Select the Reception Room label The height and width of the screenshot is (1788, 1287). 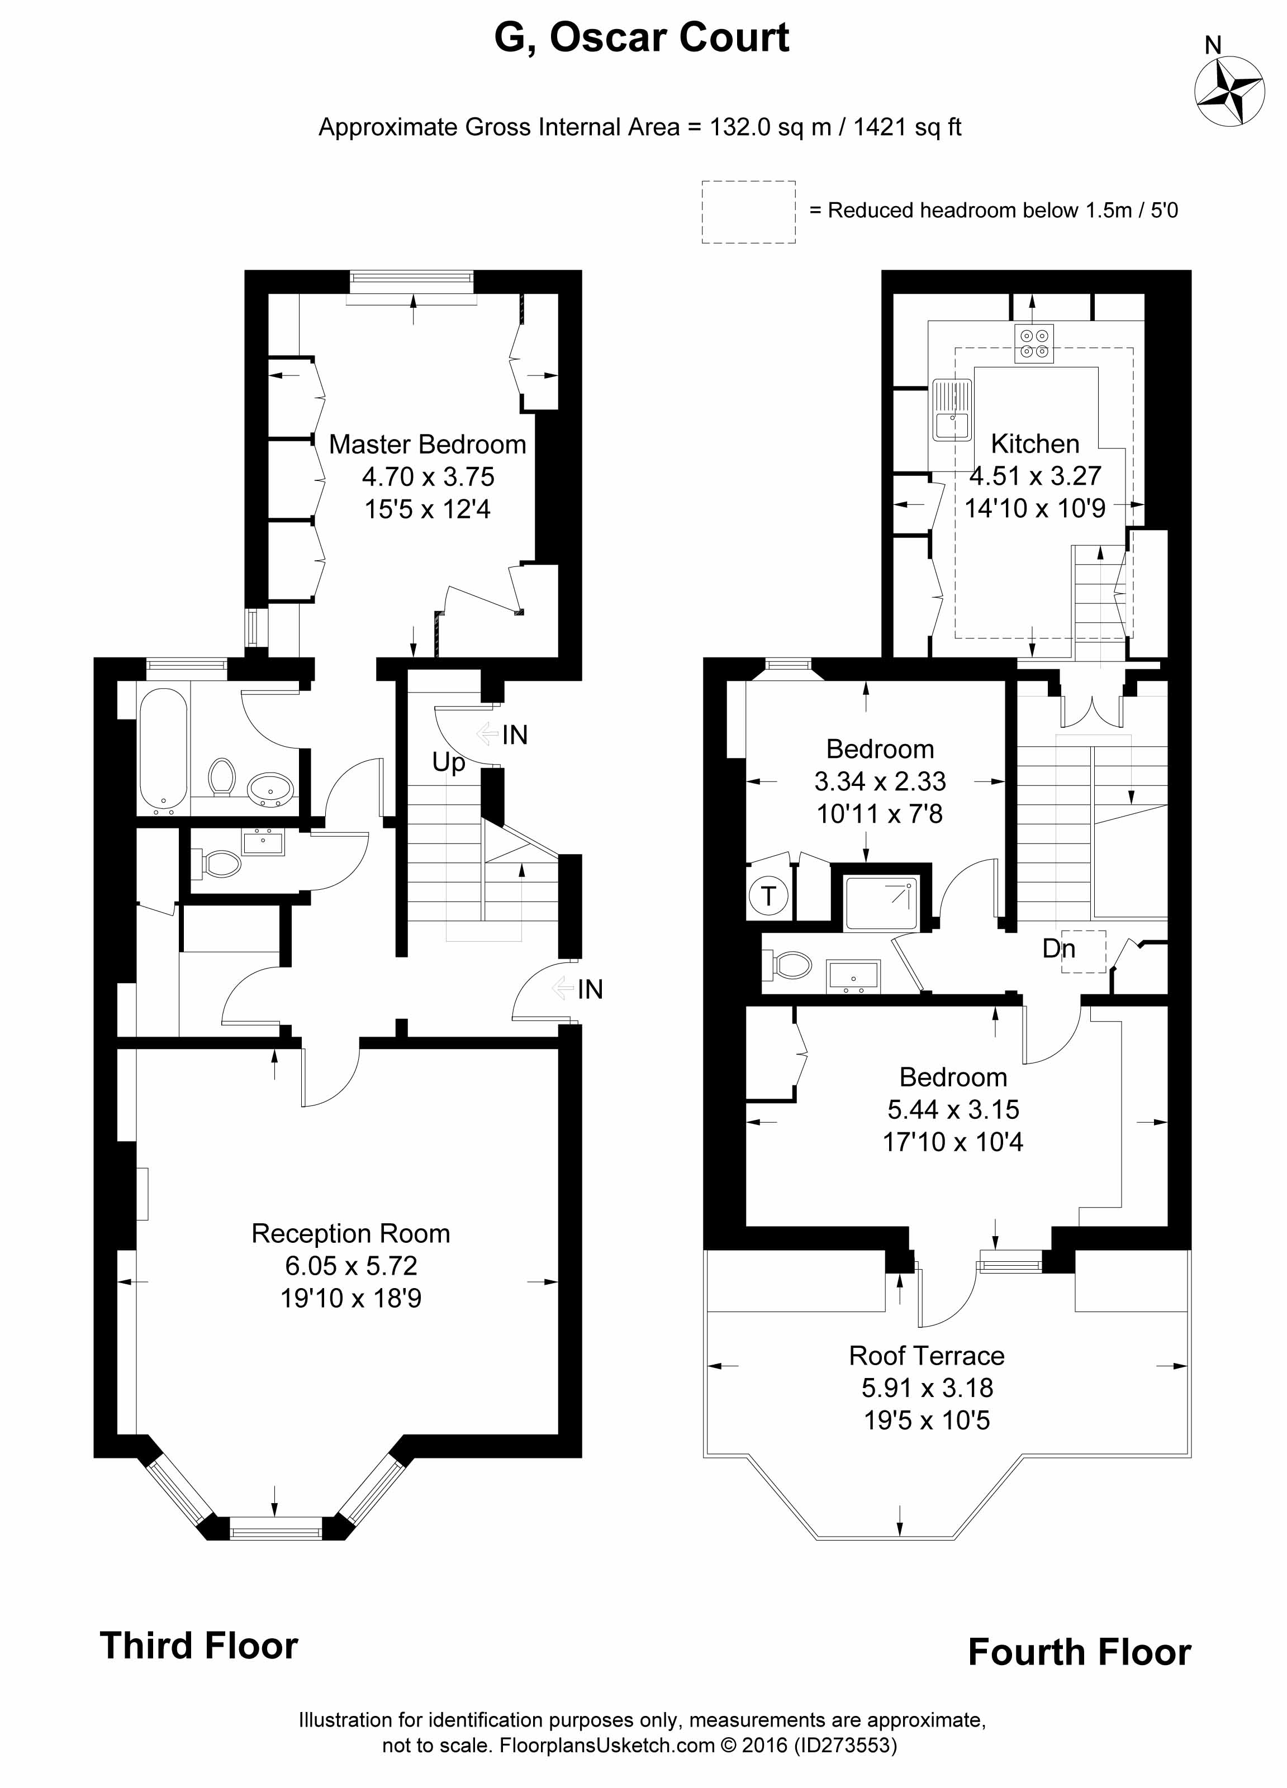click(351, 1233)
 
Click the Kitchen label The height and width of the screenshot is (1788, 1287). click(1034, 444)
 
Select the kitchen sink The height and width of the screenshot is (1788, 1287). click(952, 408)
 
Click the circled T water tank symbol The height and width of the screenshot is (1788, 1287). click(768, 897)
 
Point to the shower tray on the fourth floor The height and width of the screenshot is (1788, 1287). click(881, 903)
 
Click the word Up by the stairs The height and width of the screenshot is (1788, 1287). click(449, 762)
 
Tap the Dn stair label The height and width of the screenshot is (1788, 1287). click(1058, 947)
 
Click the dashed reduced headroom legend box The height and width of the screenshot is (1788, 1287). click(748, 211)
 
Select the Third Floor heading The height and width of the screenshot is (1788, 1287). click(199, 1647)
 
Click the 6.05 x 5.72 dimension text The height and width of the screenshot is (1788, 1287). click(351, 1265)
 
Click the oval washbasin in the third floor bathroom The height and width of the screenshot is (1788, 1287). click(270, 788)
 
